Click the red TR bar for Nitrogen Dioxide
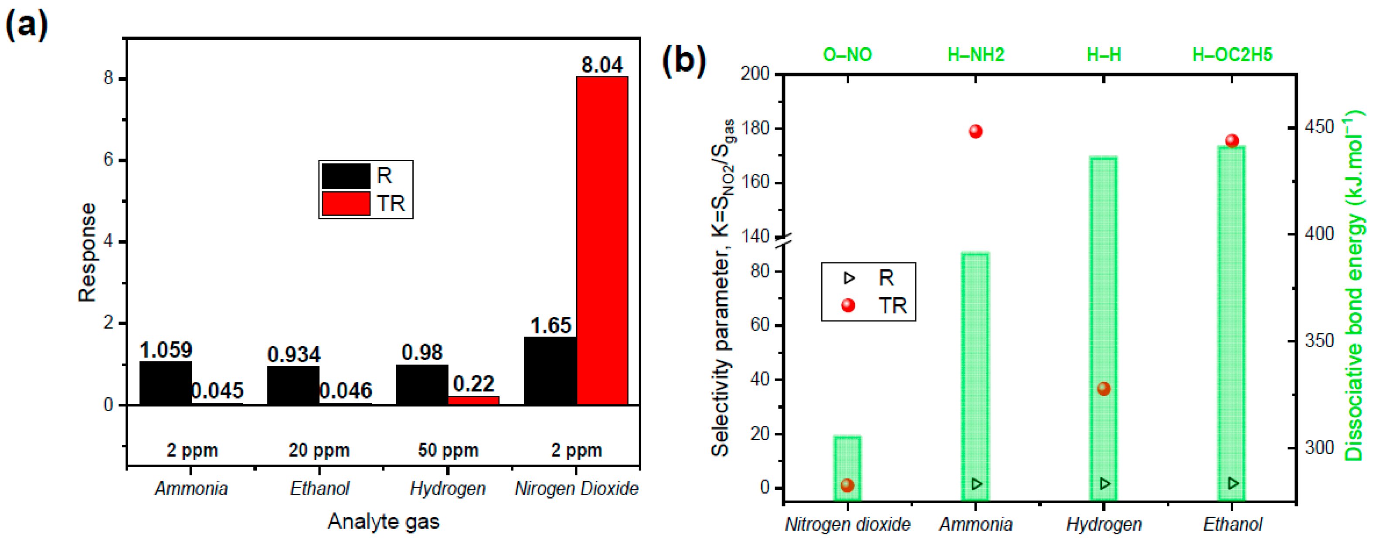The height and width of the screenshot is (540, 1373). coord(602,240)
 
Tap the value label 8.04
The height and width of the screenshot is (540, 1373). coord(602,65)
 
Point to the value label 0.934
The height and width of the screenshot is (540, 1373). coord(294,354)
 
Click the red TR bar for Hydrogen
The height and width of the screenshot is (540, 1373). coord(473,400)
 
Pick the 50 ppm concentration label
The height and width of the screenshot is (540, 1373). coord(448,451)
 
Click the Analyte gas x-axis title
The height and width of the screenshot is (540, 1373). coord(383,521)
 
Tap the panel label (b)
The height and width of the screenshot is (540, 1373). coord(684,60)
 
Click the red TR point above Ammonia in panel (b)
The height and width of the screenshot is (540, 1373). coord(975,131)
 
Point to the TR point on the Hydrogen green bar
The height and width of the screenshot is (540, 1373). coord(1103,389)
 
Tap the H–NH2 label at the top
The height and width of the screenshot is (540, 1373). coord(975,55)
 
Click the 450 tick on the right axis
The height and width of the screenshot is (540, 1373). coord(1319,127)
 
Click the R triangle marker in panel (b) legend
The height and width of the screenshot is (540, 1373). coord(849,278)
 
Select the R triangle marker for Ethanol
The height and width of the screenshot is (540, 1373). coord(1232,483)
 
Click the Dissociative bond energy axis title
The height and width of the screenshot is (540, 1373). coord(1356,285)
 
